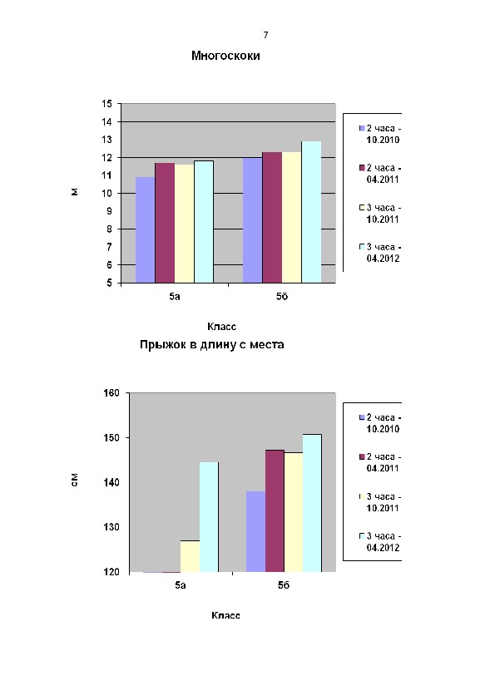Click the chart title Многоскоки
coord(225,56)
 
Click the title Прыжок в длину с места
coord(212,345)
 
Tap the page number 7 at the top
coord(266,35)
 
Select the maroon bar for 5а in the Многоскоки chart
coord(165,223)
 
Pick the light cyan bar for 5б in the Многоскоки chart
coord(311,212)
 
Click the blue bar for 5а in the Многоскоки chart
coord(146,230)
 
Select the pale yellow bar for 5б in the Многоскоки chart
coord(292,218)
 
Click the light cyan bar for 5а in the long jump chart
coord(209,517)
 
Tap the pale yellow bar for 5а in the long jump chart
coord(190,556)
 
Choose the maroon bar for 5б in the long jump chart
coord(275,510)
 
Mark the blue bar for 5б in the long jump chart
coord(255,532)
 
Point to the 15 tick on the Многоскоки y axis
coord(107,104)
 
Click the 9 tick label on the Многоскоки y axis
coord(110,211)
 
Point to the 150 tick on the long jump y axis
coord(111,438)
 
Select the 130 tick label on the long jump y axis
coord(111,527)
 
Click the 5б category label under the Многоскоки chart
coord(282,297)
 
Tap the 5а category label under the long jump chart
coord(181,585)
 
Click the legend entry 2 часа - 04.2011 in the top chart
coord(380,174)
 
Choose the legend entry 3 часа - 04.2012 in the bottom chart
coord(380,541)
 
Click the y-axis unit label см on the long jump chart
coord(75,480)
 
